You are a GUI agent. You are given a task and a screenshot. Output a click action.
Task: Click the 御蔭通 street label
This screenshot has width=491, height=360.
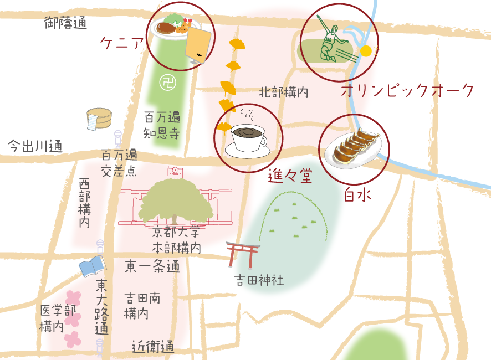tap(66, 23)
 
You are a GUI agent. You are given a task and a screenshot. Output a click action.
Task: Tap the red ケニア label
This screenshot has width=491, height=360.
tap(121, 43)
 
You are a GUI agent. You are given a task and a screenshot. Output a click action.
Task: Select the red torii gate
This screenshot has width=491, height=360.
tap(243, 254)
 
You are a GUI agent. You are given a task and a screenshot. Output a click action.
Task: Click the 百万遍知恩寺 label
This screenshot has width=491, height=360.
tap(162, 125)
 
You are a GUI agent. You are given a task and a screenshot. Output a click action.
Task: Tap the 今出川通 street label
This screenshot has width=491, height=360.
tap(35, 147)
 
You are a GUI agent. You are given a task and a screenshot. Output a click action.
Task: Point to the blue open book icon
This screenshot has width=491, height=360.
tap(92, 267)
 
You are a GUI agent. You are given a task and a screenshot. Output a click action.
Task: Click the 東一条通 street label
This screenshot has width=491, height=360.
tap(152, 266)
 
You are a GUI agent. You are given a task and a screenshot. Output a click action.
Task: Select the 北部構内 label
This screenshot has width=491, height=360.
tap(283, 92)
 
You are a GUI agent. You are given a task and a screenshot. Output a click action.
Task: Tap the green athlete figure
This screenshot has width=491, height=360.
tap(331, 41)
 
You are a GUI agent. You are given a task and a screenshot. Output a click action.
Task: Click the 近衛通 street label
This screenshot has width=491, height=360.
tap(153, 347)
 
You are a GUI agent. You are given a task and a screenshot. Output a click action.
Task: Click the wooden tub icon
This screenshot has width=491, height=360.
tap(99, 119)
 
